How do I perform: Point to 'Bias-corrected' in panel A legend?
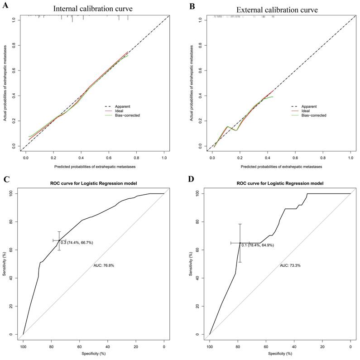[x=126, y=115]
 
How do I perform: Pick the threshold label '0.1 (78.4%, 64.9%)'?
[x=258, y=245]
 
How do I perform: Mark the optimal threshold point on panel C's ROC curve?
[x=59, y=240]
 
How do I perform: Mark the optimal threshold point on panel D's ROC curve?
[x=240, y=243]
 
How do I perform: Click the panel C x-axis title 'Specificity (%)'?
[x=93, y=353]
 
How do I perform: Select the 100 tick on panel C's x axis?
[x=23, y=346]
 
